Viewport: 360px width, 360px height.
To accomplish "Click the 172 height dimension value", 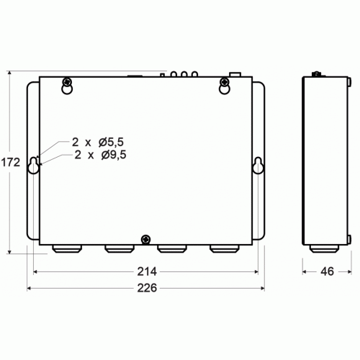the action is [x=11, y=163].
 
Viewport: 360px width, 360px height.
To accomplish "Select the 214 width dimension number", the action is [x=147, y=271].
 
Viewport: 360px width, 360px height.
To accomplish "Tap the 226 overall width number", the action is [x=147, y=288].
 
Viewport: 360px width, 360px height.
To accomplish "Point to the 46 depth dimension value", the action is [x=327, y=271].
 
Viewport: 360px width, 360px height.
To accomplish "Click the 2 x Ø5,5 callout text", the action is [x=98, y=142].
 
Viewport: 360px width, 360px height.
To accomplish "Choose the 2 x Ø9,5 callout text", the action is [x=100, y=155].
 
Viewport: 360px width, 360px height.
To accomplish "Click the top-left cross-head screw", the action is [x=68, y=81].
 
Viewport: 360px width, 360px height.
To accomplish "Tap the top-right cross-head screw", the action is [x=225, y=81].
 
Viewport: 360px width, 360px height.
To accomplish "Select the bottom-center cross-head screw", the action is [x=145, y=240].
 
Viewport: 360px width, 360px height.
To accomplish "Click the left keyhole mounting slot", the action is [x=33, y=165].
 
